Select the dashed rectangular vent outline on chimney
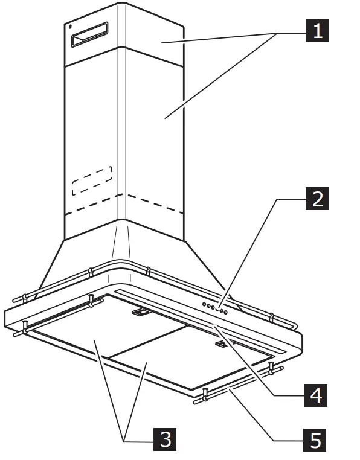[x=92, y=180]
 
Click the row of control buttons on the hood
[x=215, y=308]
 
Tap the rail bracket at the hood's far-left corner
[x=25, y=328]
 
